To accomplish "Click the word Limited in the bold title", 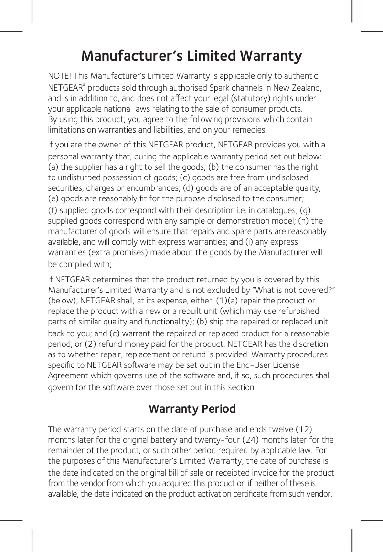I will click(210, 56).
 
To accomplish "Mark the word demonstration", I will click(243, 221).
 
